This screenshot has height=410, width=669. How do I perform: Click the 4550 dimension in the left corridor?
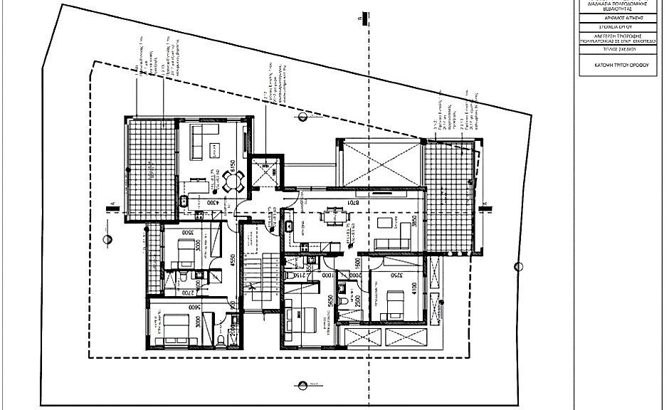231,258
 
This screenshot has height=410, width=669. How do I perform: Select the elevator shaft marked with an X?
266,171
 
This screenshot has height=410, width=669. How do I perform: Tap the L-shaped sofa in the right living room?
395,235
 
